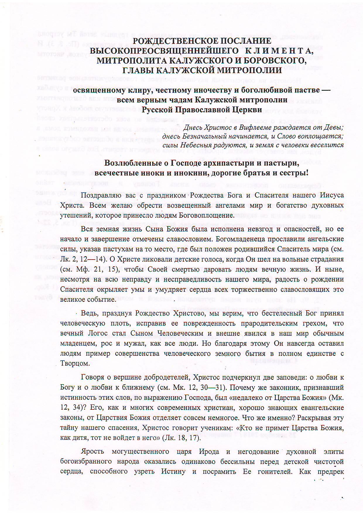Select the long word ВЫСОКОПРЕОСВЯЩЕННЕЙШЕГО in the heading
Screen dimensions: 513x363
pyautogui.click(x=164, y=51)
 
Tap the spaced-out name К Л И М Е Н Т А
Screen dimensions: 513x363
pyautogui.click(x=278, y=51)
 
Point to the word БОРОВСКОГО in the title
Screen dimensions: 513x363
pyautogui.click(x=273, y=61)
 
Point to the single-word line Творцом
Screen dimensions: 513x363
pyautogui.click(x=75, y=363)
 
